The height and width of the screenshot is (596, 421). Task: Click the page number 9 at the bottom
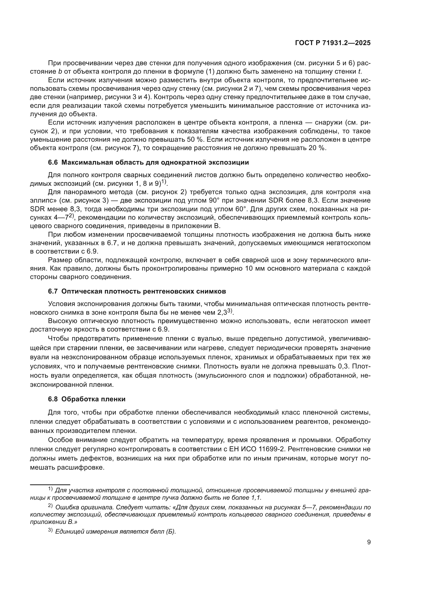[369, 542]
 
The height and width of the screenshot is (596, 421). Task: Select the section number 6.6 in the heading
[53, 163]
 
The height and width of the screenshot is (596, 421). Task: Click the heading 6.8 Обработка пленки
[87, 399]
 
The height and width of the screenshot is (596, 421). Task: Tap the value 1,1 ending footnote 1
[256, 497]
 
